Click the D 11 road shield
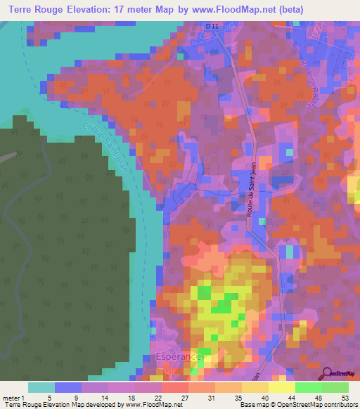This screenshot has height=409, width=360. pyautogui.click(x=212, y=26)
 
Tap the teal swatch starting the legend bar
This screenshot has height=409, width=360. pyautogui.click(x=41, y=387)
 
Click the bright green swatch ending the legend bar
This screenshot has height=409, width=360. pyautogui.click(x=335, y=387)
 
